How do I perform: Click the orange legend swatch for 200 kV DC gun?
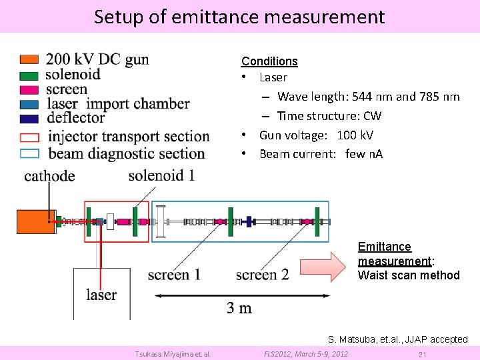coord(30,59)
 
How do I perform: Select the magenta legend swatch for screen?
coord(30,89)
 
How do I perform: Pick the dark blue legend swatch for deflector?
coord(30,119)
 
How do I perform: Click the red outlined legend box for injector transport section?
coord(30,137)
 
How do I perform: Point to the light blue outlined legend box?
coord(30,153)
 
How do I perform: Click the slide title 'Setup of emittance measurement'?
coord(239,17)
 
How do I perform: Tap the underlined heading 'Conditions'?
coord(269,61)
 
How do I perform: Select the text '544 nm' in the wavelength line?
coord(371,97)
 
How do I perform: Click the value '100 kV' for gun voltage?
coord(355,135)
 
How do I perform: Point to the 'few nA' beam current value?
coord(364,155)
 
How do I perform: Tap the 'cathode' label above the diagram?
coord(49,176)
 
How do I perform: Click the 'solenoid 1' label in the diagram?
coord(161,175)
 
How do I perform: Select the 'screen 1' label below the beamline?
coord(174,274)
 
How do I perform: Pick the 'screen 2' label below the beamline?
coord(262,274)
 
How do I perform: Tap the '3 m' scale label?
coord(239,307)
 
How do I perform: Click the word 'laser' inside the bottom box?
coord(101,294)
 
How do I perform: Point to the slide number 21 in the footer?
coord(421,354)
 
